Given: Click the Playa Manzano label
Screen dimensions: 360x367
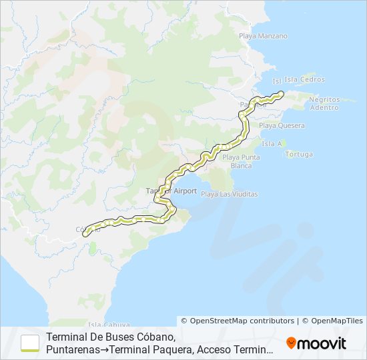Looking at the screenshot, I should [x=263, y=36].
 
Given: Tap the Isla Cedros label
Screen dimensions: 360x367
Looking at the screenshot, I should [x=304, y=79].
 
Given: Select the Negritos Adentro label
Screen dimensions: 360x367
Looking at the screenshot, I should [x=324, y=103].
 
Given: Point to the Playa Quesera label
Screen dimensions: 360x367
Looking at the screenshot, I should [x=282, y=125].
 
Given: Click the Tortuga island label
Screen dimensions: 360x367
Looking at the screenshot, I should [x=299, y=154].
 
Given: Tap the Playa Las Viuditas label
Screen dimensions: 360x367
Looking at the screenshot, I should [x=229, y=194].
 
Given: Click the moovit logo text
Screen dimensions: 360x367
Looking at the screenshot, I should [x=322, y=343].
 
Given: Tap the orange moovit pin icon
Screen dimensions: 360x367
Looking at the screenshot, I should [x=291, y=343].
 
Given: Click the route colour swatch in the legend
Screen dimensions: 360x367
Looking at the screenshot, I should [x=30, y=343].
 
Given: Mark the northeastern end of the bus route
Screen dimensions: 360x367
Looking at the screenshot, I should [x=282, y=93].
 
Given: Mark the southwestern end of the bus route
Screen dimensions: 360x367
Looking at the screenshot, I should [x=85, y=229].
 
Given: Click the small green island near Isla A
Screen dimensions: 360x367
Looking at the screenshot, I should [x=284, y=142].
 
